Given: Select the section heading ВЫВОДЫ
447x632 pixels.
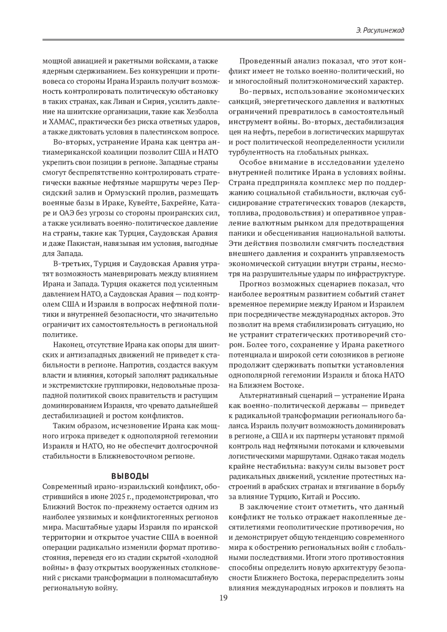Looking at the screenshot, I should click(x=130, y=476).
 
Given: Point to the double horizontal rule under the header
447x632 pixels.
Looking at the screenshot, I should click(x=223, y=40).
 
